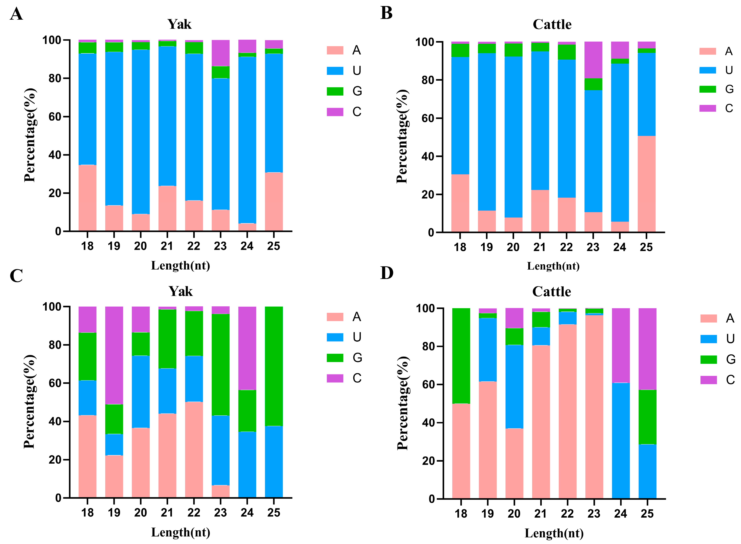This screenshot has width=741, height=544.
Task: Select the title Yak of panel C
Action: point(180,291)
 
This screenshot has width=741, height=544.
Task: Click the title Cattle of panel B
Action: point(552,24)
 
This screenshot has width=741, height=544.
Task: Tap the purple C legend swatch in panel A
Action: point(335,112)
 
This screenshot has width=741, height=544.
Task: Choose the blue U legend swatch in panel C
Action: point(335,337)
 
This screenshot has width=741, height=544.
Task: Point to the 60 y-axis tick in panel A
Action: point(55,117)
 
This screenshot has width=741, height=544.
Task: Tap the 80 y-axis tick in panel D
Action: point(429,346)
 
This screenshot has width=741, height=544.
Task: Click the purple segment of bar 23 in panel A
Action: point(220,53)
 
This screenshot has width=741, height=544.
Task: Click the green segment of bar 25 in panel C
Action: point(274,366)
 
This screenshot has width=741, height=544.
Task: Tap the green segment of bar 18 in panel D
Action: point(461,356)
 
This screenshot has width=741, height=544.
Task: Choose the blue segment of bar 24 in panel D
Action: point(621,441)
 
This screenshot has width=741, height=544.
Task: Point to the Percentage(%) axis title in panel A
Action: point(30,135)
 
